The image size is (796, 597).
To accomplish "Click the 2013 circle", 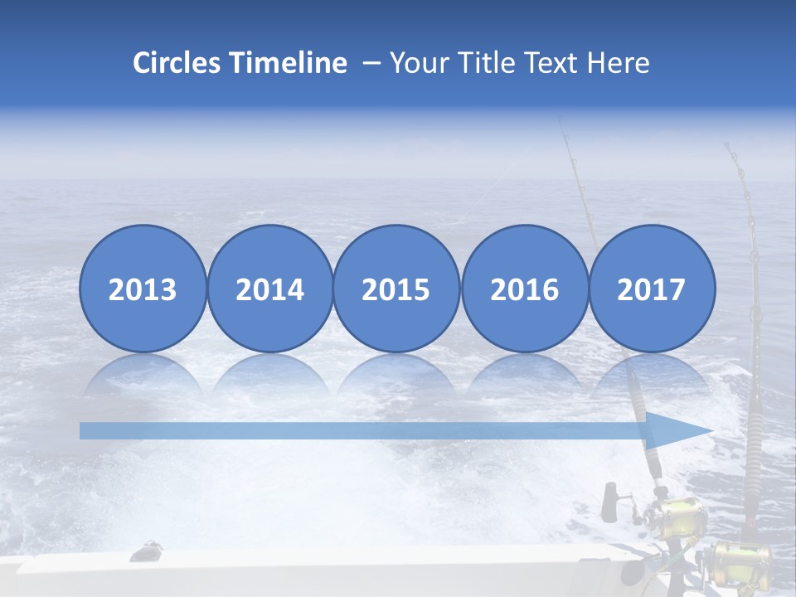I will pos(143,288).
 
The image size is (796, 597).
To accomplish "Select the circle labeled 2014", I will pos(270,288).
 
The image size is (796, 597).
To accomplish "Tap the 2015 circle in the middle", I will pos(396,288).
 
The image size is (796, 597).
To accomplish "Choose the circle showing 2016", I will pos(525,288).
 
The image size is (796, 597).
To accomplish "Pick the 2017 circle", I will pos(652,288).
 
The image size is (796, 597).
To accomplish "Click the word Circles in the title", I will pos(176,63).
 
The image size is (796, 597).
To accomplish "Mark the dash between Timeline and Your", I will pos(371,64).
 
